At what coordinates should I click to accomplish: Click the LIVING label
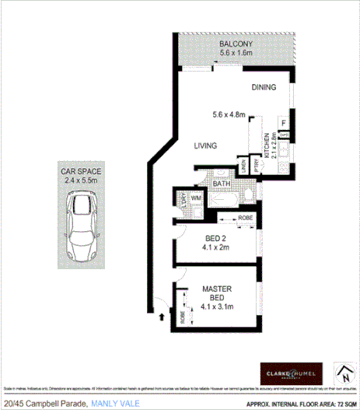pos(205,145)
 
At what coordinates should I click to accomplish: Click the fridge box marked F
pos(284,122)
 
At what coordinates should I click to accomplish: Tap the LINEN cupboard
pos(243,166)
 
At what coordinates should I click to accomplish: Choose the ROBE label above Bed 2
pos(244,218)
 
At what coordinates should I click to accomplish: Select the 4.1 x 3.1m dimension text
pos(217,306)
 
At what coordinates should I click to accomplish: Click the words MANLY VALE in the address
pos(116,404)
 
